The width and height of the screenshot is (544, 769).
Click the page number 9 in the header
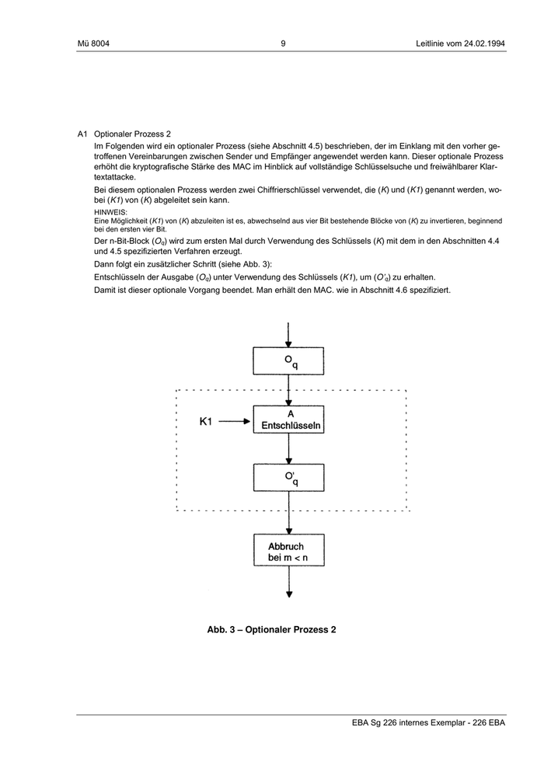[x=283, y=43]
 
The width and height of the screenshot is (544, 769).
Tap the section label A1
[x=82, y=134]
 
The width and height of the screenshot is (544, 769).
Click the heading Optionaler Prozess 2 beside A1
[x=132, y=134]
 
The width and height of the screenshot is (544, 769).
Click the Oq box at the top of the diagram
[x=289, y=360]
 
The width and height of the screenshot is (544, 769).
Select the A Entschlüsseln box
[x=289, y=421]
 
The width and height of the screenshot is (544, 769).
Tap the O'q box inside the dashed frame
[x=289, y=478]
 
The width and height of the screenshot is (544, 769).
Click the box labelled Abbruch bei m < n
[x=289, y=552]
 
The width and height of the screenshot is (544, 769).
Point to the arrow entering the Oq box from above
[x=289, y=334]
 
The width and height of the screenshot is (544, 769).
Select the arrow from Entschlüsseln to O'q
[x=289, y=450]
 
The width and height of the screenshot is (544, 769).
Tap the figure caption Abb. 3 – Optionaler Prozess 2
[x=271, y=629]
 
